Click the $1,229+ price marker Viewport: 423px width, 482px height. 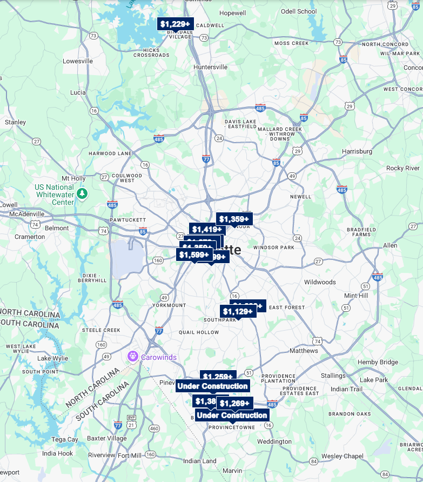pyautogui.click(x=175, y=24)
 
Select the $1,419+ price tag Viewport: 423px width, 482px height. pyautogui.click(x=207, y=229)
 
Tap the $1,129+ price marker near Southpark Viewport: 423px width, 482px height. pyautogui.click(x=238, y=311)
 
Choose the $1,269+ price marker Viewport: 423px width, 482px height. pyautogui.click(x=235, y=403)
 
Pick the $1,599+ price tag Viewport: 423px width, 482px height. pyautogui.click(x=193, y=255)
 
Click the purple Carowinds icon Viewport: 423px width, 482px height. pyautogui.click(x=133, y=357)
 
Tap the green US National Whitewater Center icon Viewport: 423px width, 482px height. pyautogui.click(x=82, y=193)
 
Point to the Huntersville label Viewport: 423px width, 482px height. pyautogui.click(x=211, y=67)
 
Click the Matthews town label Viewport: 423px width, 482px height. pyautogui.click(x=304, y=351)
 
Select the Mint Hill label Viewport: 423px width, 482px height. pyautogui.click(x=356, y=296)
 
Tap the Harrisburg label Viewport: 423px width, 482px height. pyautogui.click(x=357, y=151)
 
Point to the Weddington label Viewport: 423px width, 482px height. pyautogui.click(x=274, y=441)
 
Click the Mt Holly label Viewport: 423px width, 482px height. pyautogui.click(x=73, y=178)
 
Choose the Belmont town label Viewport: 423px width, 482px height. pyautogui.click(x=57, y=228)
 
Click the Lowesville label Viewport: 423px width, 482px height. pyautogui.click(x=78, y=61)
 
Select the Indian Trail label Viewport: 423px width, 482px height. pyautogui.click(x=347, y=389)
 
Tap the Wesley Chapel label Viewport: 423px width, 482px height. pyautogui.click(x=343, y=456)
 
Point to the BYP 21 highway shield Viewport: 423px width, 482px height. pyautogui.click(x=131, y=421)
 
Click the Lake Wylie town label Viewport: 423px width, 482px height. pyautogui.click(x=53, y=358)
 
